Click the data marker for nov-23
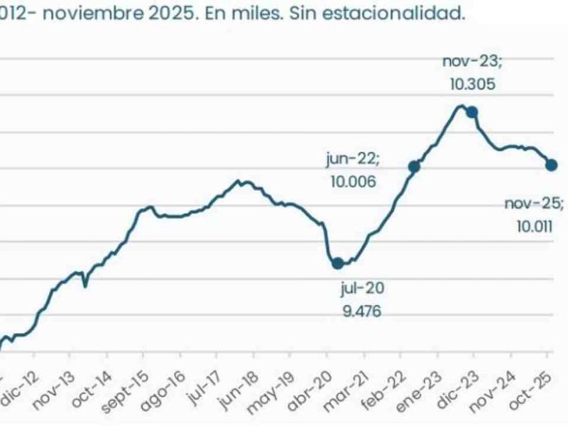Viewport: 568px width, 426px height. [471, 111]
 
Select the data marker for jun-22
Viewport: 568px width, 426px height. [415, 166]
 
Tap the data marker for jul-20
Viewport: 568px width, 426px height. [338, 263]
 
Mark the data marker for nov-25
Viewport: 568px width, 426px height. [552, 165]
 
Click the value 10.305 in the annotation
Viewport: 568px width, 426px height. [472, 84]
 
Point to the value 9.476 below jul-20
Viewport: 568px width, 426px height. [361, 310]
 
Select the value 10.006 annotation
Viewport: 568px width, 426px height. [353, 182]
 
